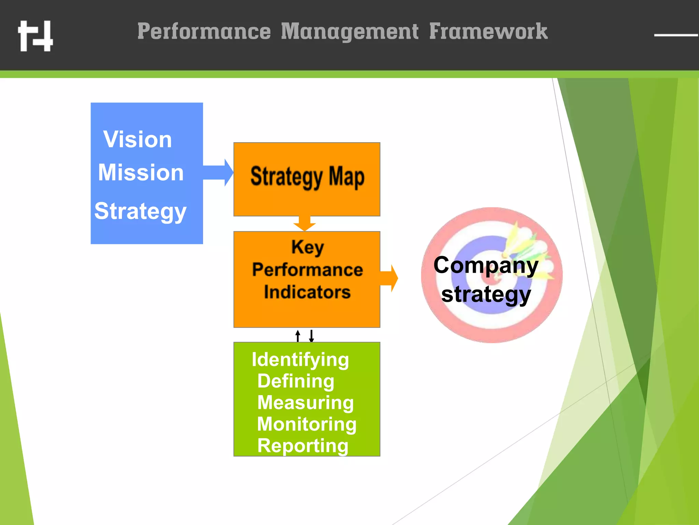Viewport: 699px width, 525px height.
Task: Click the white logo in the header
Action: [x=35, y=36]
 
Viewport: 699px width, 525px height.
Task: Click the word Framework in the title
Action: [x=488, y=31]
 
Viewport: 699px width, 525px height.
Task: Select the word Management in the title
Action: [x=349, y=31]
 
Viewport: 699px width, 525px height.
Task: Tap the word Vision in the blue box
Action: [x=138, y=139]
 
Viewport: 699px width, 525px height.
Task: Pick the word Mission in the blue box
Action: [x=141, y=172]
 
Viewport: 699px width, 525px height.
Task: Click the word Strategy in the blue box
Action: [x=140, y=211]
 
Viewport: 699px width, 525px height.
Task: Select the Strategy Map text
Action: [x=307, y=177]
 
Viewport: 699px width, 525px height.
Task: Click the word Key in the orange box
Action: [x=307, y=247]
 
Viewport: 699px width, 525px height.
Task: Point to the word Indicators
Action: [x=307, y=292]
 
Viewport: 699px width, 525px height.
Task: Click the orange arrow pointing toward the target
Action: [x=389, y=278]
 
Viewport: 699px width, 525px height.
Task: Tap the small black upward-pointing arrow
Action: [x=298, y=335]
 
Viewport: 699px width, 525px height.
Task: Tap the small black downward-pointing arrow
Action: [x=311, y=336]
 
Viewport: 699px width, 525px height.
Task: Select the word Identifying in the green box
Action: [x=300, y=360]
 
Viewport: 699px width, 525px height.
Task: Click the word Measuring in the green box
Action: [x=305, y=402]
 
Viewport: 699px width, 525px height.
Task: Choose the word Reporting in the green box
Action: [x=303, y=446]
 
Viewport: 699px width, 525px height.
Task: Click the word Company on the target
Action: [x=486, y=265]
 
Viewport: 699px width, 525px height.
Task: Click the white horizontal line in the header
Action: [x=676, y=35]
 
